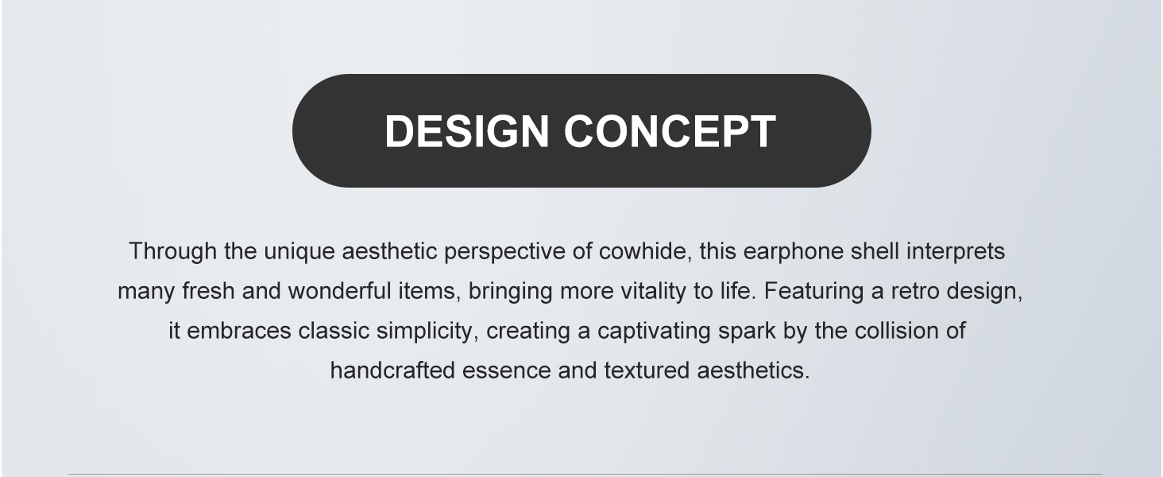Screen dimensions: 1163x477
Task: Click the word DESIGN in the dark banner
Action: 467,131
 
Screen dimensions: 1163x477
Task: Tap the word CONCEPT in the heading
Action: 670,131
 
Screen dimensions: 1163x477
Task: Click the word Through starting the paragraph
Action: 173,251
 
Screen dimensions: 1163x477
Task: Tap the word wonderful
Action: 339,291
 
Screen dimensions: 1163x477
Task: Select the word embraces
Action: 239,331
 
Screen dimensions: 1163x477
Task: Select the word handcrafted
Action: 392,370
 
